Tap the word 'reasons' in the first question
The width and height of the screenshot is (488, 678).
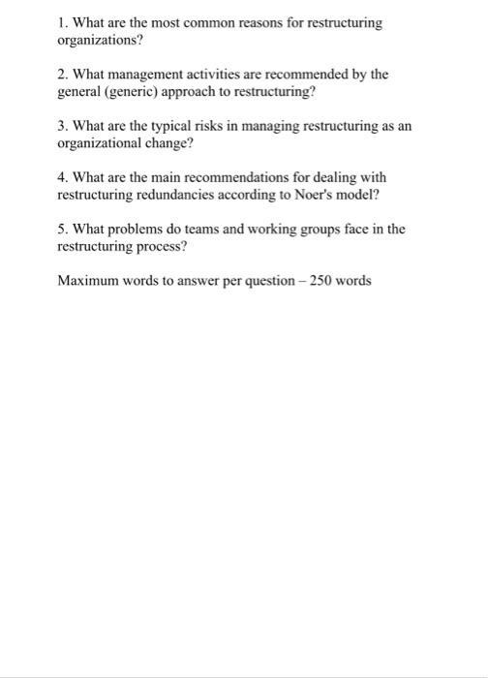[255, 21]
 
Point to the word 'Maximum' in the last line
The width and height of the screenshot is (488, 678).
[87, 282]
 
